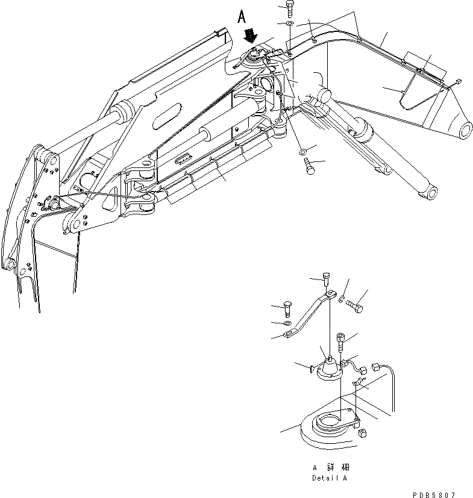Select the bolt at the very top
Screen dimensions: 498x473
click(290, 8)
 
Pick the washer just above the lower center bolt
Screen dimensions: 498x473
click(302, 149)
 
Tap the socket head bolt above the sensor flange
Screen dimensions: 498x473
click(341, 344)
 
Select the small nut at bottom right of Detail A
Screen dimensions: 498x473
click(363, 434)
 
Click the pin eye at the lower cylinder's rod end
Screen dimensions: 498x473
click(427, 194)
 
